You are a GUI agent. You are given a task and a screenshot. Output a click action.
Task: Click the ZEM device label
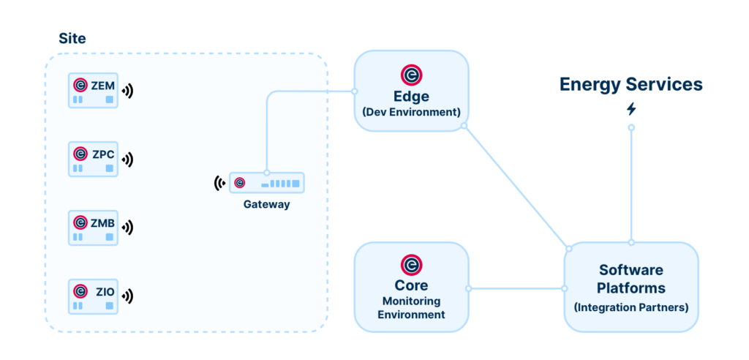pyautogui.click(x=102, y=86)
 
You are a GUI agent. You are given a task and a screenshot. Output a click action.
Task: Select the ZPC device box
pyautogui.click(x=93, y=159)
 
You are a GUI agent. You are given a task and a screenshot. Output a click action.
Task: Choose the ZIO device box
pyautogui.click(x=93, y=296)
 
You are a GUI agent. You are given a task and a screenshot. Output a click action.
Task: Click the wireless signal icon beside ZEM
pyautogui.click(x=128, y=91)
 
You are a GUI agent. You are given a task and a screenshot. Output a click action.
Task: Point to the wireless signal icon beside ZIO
pyautogui.click(x=128, y=296)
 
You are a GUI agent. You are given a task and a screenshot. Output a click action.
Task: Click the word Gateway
pyautogui.click(x=266, y=204)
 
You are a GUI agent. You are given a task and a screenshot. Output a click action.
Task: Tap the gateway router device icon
pyautogui.click(x=267, y=183)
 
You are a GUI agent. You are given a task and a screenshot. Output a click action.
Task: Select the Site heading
pyautogui.click(x=72, y=39)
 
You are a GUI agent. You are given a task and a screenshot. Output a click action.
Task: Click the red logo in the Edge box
pyautogui.click(x=411, y=75)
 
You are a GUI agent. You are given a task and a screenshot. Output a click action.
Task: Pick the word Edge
pyautogui.click(x=411, y=96)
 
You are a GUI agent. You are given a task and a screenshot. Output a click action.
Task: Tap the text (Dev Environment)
pyautogui.click(x=411, y=112)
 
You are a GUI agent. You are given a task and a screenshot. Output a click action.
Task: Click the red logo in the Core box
pyautogui.click(x=411, y=264)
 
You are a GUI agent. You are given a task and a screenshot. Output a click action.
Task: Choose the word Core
pyautogui.click(x=411, y=285)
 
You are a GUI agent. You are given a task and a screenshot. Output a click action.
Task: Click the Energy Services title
pyautogui.click(x=631, y=84)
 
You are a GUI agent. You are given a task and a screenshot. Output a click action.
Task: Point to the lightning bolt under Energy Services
pyautogui.click(x=631, y=109)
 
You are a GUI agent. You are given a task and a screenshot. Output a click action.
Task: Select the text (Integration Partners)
pyautogui.click(x=631, y=307)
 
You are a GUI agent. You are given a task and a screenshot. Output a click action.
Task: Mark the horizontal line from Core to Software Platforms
pyautogui.click(x=516, y=288)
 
